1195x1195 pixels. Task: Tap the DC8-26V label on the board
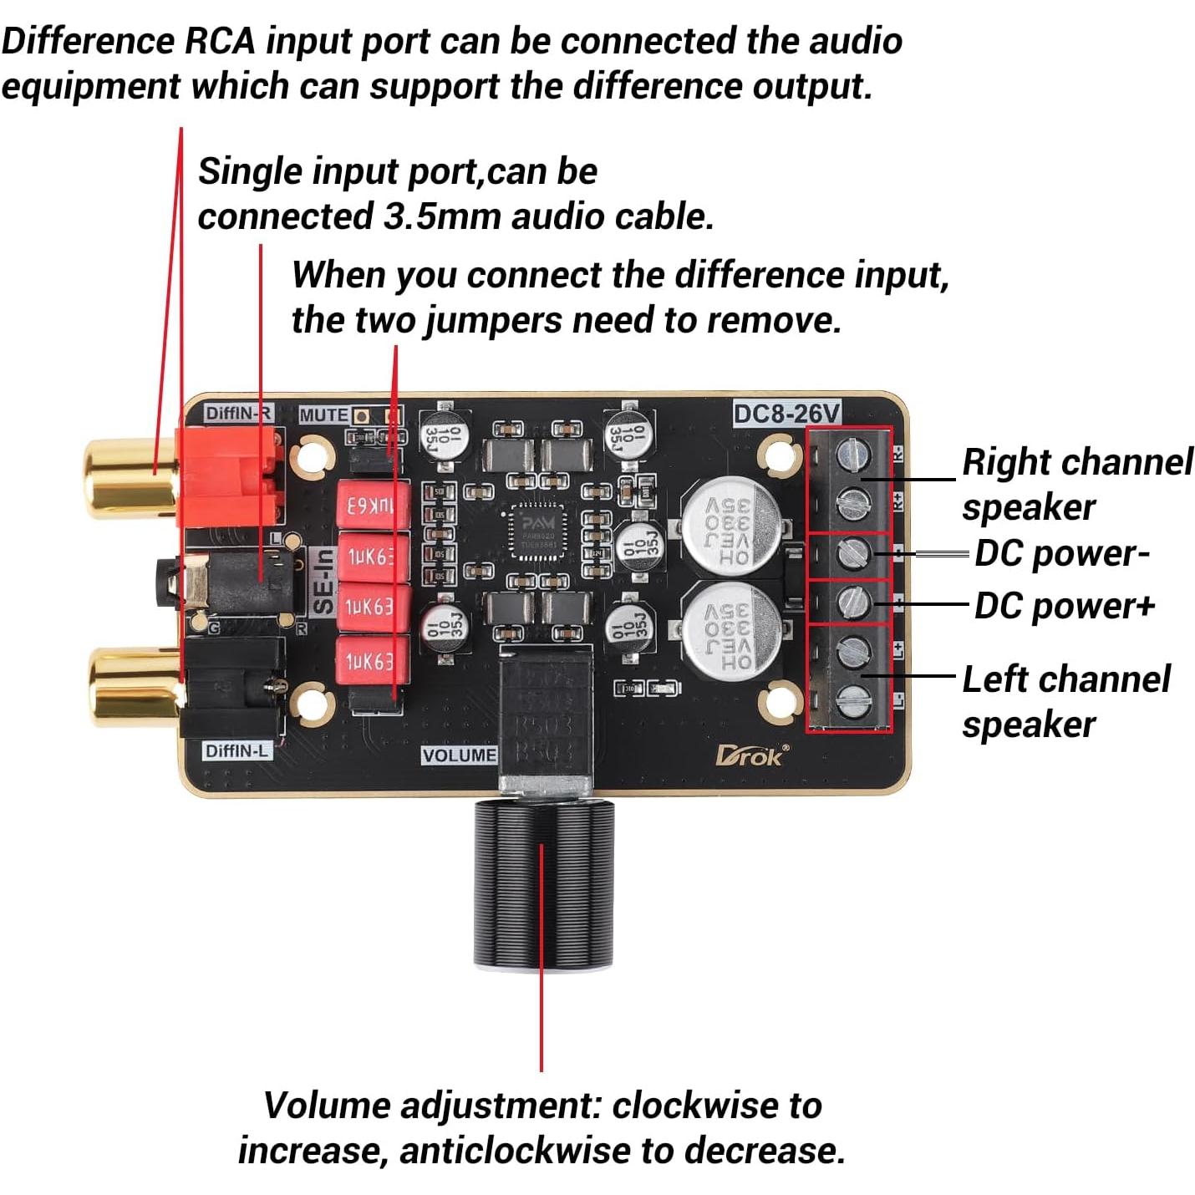[786, 414]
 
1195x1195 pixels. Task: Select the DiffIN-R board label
[238, 413]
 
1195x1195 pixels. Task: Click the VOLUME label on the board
[459, 755]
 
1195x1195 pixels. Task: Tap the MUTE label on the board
[323, 414]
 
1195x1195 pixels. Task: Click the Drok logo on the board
[750, 755]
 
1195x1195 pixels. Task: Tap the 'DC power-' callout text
[1062, 553]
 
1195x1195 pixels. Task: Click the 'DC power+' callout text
[1064, 606]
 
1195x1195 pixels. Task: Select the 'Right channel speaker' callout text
[1076, 485]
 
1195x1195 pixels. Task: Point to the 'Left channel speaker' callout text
[1065, 702]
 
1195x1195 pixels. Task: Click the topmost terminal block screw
[853, 455]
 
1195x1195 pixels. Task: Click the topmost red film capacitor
[372, 506]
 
